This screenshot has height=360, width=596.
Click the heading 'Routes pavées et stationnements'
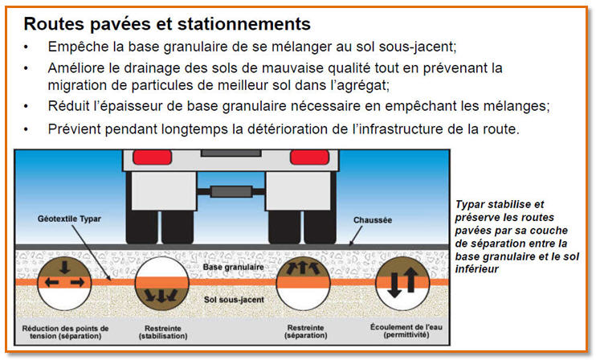click(167, 24)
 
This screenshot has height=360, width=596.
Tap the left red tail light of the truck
click(153, 157)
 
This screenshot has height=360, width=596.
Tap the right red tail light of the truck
click(309, 157)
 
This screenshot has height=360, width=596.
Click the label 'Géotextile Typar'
click(69, 219)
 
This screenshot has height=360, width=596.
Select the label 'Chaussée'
click(373, 220)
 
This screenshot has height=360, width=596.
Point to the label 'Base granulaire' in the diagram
click(234, 268)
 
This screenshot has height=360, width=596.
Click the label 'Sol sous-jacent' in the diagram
click(235, 300)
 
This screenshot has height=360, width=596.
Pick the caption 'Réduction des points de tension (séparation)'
click(65, 332)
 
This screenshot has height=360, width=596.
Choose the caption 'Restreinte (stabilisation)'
click(163, 332)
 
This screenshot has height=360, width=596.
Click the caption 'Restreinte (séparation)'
click(306, 332)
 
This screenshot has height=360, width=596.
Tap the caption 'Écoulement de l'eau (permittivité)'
click(406, 331)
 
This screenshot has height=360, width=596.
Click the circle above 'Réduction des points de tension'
click(64, 284)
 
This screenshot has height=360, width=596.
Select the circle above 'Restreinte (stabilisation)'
click(162, 284)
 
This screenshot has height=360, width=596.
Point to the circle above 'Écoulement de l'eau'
click(402, 284)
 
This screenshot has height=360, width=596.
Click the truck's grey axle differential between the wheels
click(231, 191)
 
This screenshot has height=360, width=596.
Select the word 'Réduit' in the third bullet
click(68, 106)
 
